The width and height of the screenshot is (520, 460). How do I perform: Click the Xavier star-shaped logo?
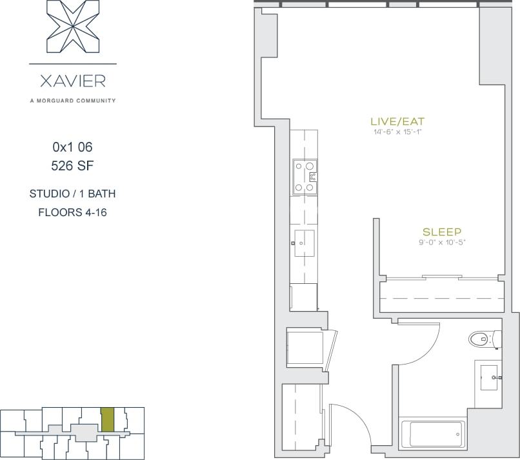[x=72, y=27]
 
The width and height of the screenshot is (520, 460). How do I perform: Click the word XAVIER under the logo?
[x=72, y=82]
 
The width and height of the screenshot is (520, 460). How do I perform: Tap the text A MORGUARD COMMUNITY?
[x=72, y=101]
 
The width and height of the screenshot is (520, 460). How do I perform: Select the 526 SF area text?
[x=72, y=165]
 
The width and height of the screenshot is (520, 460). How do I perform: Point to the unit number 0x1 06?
[x=72, y=147]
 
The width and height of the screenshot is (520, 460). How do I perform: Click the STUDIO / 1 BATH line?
[x=72, y=194]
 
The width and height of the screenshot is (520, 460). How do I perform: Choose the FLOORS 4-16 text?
[x=72, y=212]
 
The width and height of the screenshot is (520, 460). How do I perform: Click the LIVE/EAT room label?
[x=397, y=121]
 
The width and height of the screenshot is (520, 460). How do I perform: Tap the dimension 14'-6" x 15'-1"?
[x=397, y=132]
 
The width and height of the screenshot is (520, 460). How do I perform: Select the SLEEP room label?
[x=441, y=232]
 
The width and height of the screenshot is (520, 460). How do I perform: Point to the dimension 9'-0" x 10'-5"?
[x=441, y=243]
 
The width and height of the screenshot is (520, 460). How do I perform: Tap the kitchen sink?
[x=304, y=243]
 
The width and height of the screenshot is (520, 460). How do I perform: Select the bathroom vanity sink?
[x=488, y=375]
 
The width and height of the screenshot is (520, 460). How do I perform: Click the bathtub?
[x=432, y=434]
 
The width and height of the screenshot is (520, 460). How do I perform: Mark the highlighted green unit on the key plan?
[x=108, y=420]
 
